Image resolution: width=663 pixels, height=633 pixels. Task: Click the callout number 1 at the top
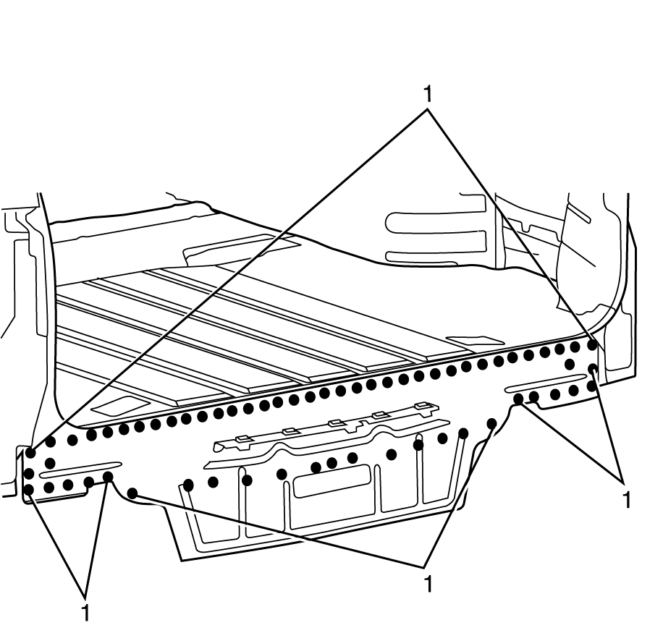428,94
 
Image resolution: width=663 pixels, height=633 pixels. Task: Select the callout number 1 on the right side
627,498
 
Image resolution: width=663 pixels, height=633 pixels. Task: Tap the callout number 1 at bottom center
428,583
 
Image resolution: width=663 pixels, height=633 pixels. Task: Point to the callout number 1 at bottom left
85,612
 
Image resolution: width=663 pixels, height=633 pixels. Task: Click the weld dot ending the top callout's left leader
30,453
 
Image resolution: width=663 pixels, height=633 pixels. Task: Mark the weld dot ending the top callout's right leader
592,345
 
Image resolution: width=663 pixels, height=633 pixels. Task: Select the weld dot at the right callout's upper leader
593,370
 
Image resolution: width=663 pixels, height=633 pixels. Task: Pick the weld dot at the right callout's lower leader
518,399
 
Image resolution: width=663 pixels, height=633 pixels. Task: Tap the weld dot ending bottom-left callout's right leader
108,477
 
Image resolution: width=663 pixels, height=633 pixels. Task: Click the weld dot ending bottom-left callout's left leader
30,490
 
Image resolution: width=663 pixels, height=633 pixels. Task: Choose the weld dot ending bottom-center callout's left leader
133,493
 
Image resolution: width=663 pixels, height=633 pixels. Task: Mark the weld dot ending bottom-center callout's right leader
492,422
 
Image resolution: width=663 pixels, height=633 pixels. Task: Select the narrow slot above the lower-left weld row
81,469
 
